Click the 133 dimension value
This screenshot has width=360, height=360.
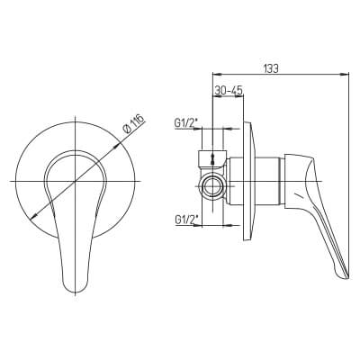coord(271,68)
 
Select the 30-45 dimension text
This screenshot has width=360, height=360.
coord(229,91)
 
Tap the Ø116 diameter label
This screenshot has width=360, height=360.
coord(134,124)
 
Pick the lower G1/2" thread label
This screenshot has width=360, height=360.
coord(184,220)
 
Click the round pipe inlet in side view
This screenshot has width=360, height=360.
coord(213,186)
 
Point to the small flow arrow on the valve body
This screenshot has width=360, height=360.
coord(213,159)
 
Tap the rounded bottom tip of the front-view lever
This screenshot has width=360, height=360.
coord(75,292)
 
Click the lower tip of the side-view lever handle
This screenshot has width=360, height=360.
coord(344,278)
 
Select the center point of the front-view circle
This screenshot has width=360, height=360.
coord(76,181)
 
